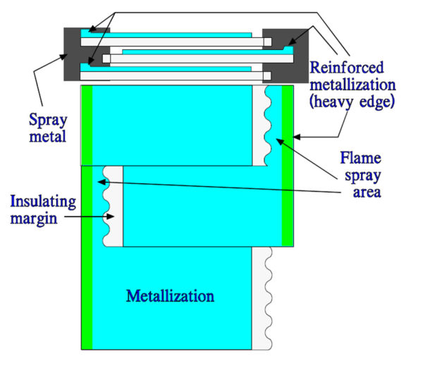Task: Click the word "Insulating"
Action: (32, 202)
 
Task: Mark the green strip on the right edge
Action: (287, 166)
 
